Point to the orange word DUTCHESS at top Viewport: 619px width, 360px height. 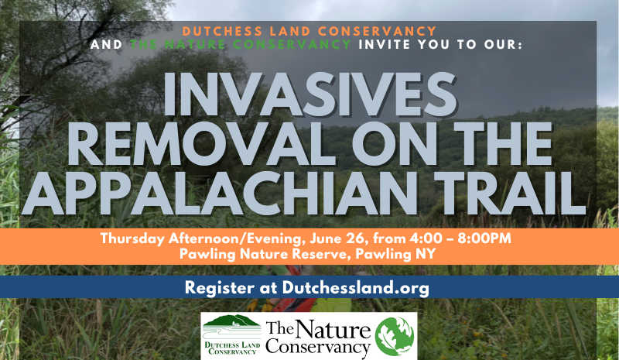223,31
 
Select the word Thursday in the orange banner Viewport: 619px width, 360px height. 132,238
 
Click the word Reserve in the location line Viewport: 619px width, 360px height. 310,254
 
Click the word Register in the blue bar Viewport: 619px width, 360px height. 220,288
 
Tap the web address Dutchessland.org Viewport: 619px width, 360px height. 356,288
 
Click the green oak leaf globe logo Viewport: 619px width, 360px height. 395,336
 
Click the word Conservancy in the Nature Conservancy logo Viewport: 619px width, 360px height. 318,346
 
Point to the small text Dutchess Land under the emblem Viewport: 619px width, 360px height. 232,345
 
